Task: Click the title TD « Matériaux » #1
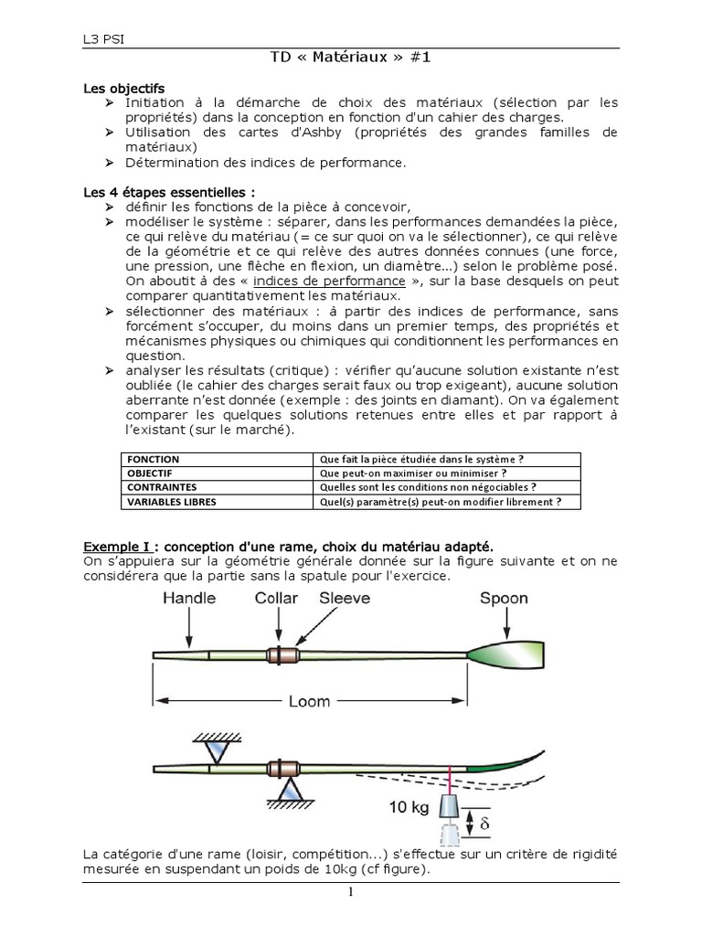click(x=351, y=57)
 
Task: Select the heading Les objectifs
click(x=123, y=89)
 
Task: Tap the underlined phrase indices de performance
click(x=329, y=281)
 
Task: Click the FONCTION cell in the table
click(x=154, y=459)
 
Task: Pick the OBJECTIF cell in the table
click(x=152, y=473)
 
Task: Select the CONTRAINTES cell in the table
click(x=162, y=487)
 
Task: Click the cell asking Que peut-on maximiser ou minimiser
click(x=411, y=473)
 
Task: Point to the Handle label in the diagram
click(x=189, y=599)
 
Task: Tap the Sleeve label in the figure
click(x=345, y=599)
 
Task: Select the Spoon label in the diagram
click(x=504, y=599)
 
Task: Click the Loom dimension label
click(x=309, y=703)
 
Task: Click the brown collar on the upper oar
click(x=282, y=655)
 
